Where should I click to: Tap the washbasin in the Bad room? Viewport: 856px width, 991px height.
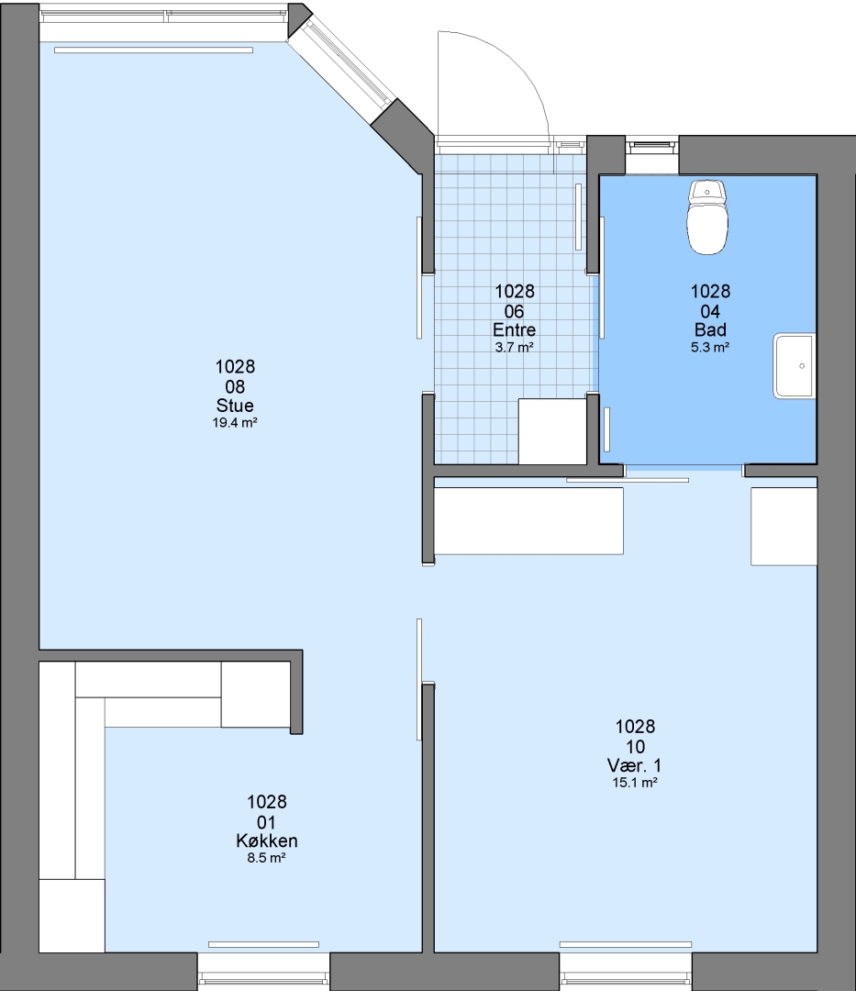click(795, 366)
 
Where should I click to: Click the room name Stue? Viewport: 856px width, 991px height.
click(235, 406)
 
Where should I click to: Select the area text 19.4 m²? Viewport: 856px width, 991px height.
click(235, 423)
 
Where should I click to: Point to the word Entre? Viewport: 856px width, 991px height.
click(514, 329)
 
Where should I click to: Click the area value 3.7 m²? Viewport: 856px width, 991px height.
click(514, 347)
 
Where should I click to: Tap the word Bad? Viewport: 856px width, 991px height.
click(710, 329)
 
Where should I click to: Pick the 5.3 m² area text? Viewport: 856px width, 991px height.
click(710, 347)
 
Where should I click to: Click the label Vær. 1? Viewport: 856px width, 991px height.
click(635, 765)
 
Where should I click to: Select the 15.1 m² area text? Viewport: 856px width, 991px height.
click(635, 783)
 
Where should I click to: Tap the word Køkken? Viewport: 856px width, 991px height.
click(267, 841)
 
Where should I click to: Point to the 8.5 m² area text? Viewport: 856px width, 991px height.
click(267, 858)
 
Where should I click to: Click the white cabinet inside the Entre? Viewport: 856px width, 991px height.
click(552, 431)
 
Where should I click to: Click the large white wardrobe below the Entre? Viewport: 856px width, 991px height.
click(528, 521)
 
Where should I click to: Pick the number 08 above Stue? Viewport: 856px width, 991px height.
click(235, 386)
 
